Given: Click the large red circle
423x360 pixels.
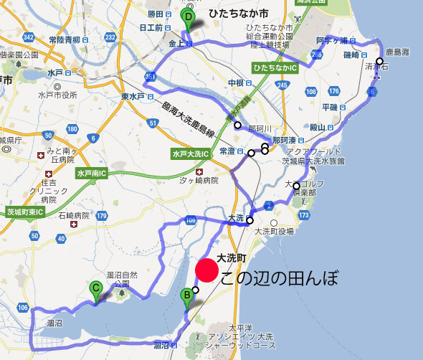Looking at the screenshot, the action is (x=206, y=270).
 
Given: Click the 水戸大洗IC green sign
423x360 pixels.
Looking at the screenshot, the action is (x=190, y=153).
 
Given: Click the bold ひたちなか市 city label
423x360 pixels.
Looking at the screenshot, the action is (x=229, y=14).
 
